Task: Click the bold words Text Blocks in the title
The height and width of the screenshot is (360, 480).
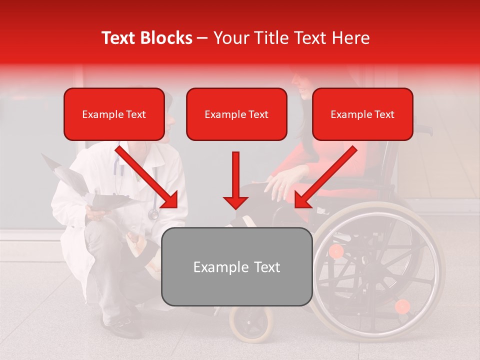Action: tap(146, 38)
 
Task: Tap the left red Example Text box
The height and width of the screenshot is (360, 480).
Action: tap(114, 114)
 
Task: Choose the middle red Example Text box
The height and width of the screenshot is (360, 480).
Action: tap(236, 114)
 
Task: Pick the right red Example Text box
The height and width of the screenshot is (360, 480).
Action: tap(362, 114)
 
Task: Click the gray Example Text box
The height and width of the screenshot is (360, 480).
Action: tap(237, 266)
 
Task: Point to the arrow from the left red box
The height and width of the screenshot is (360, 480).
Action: tap(148, 177)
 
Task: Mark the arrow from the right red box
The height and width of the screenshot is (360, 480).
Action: tap(325, 177)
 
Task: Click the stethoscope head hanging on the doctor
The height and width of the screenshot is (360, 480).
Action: tap(153, 214)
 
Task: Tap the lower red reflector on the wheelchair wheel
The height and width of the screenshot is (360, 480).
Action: tap(402, 306)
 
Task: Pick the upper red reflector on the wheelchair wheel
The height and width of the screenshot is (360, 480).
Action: tap(336, 251)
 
